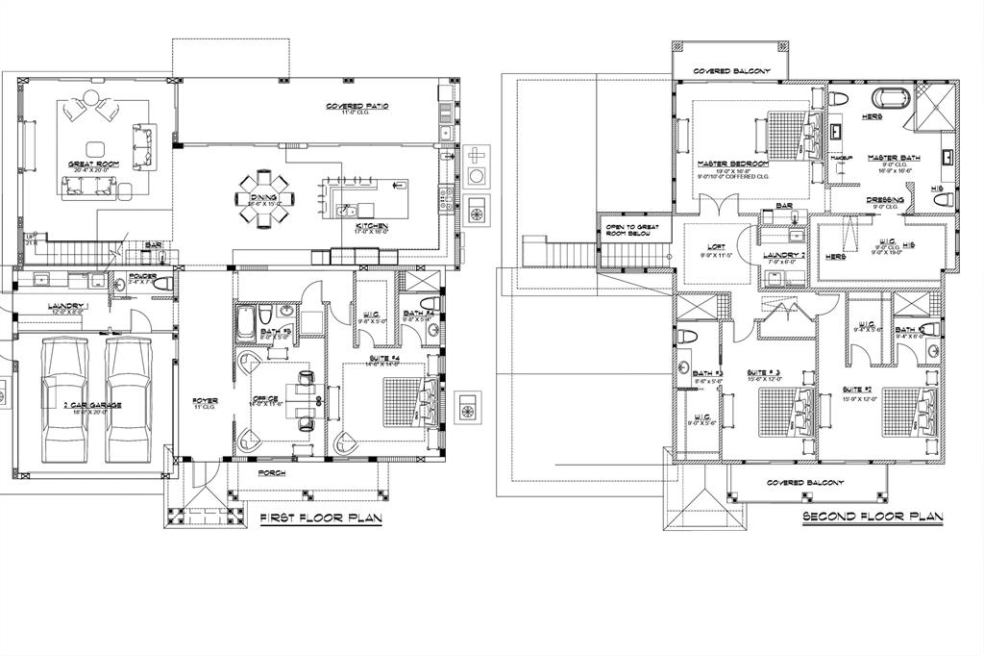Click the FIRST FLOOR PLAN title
[321, 518]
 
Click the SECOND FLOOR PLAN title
[873, 517]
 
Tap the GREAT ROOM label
[92, 164]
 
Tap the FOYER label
[204, 400]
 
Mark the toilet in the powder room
[160, 283]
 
